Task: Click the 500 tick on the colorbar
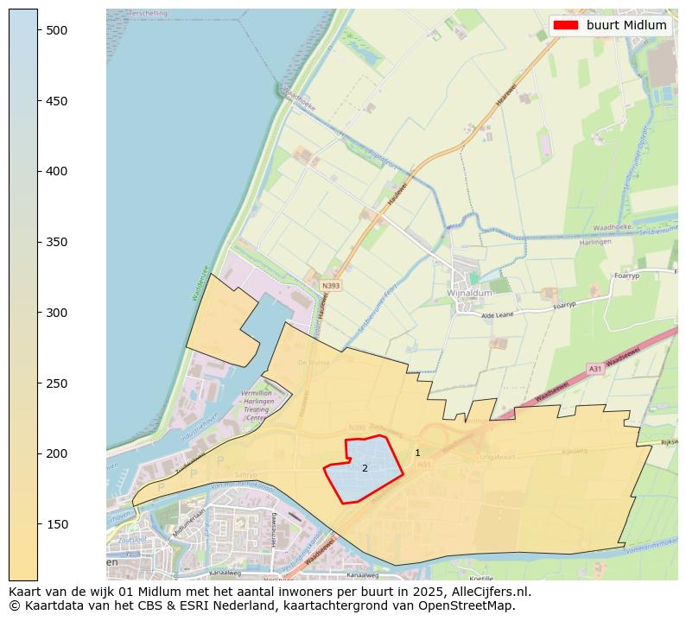coord(38,30)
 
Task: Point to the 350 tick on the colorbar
coord(38,242)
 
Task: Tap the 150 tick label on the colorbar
coord(56,524)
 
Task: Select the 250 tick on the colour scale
coord(38,383)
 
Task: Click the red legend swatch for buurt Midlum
coord(567,25)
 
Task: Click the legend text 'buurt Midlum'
coord(626,25)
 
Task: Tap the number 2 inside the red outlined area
coord(365,468)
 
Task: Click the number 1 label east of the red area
coord(417,453)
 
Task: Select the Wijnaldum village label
coord(470,294)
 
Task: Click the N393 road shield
coord(330,286)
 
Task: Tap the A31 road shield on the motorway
coord(594,368)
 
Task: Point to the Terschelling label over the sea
coord(147,14)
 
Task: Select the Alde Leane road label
coord(499,316)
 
